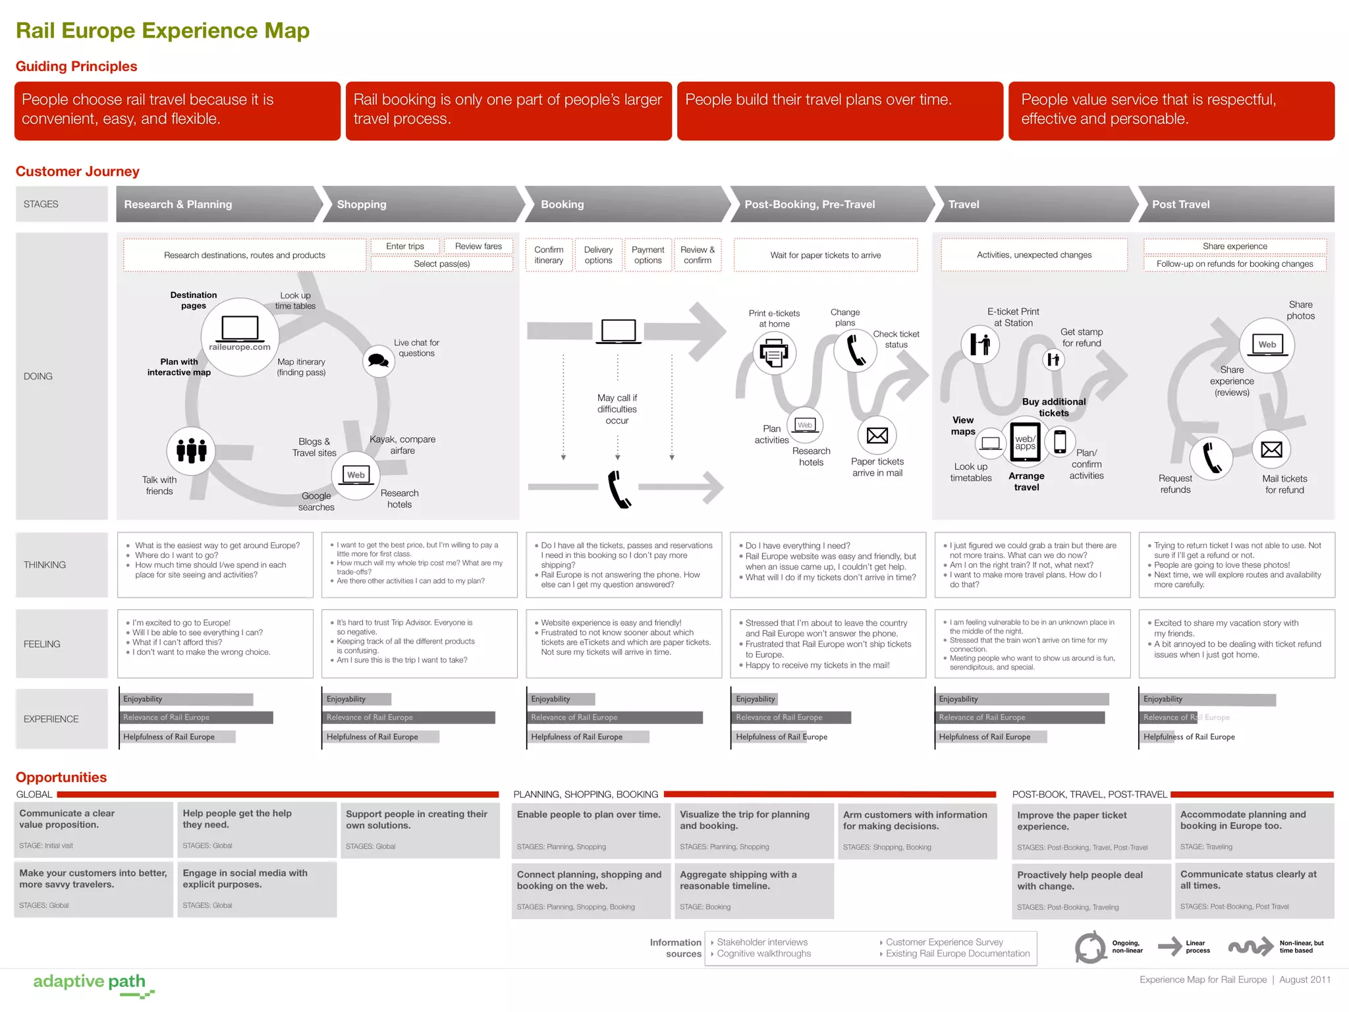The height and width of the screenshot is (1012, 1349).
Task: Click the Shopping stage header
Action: click(422, 204)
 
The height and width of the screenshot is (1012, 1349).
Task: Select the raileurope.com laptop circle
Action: click(240, 336)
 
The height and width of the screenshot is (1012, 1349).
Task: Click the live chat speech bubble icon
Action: click(378, 360)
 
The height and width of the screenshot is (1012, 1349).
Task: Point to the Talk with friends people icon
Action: click(191, 451)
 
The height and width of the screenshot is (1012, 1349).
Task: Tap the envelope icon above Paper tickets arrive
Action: click(877, 436)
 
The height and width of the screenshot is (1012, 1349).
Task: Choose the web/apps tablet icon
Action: click(1025, 442)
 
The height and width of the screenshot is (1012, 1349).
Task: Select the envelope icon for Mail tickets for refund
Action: click(1271, 450)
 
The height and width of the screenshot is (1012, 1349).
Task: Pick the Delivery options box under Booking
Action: click(598, 255)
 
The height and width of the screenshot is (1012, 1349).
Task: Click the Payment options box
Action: click(647, 255)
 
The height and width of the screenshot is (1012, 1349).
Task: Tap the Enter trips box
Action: click(405, 246)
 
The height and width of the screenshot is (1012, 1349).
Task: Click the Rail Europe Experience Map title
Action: click(163, 31)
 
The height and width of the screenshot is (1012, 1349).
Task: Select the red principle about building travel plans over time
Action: click(839, 111)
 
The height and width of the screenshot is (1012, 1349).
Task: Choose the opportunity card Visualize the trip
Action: click(754, 830)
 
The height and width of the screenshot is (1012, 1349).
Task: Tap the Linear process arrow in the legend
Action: click(1170, 947)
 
